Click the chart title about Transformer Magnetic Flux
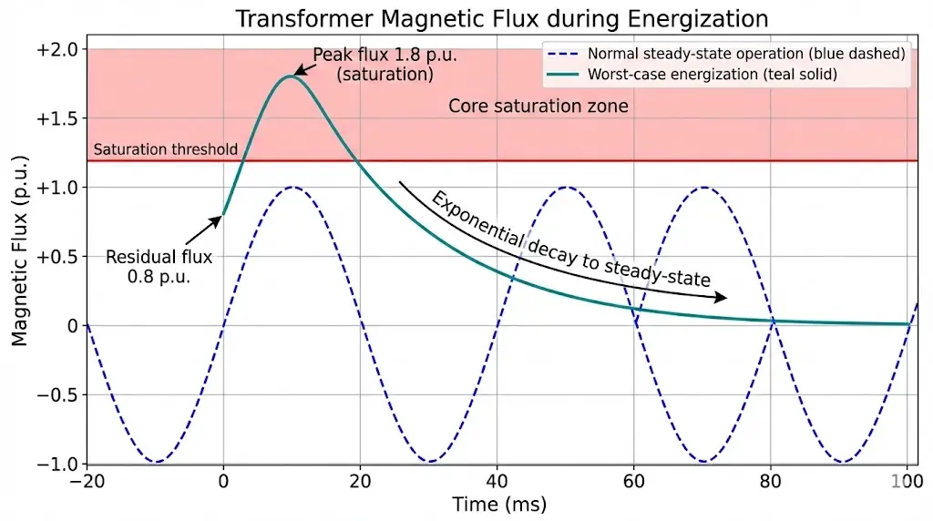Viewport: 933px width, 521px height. [501, 18]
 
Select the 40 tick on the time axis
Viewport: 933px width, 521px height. [497, 482]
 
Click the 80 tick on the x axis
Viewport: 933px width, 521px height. [772, 482]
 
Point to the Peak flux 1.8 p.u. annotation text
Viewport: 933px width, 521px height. [384, 65]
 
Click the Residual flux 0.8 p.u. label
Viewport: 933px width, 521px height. [159, 267]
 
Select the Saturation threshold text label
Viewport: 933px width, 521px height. [165, 149]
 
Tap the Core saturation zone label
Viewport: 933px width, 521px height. [538, 106]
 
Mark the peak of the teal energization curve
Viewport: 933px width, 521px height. [291, 77]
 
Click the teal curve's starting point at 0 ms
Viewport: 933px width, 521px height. [223, 215]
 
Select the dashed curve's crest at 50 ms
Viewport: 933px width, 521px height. [566, 188]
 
